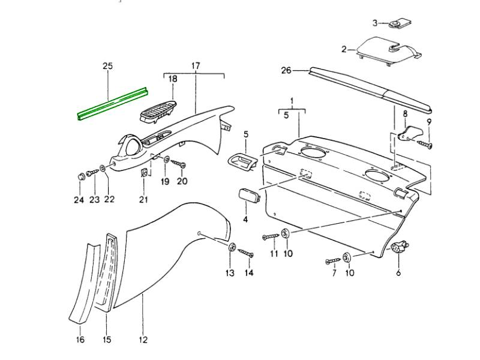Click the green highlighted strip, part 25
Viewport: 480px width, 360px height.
(x=113, y=103)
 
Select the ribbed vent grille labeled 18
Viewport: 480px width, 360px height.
(x=158, y=110)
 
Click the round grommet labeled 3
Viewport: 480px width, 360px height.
(x=397, y=25)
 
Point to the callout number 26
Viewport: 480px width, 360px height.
(x=286, y=71)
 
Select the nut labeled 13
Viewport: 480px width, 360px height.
(x=232, y=248)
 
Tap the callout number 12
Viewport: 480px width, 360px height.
(x=143, y=340)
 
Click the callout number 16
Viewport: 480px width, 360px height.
(x=80, y=340)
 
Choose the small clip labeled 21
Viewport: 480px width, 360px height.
(x=145, y=173)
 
